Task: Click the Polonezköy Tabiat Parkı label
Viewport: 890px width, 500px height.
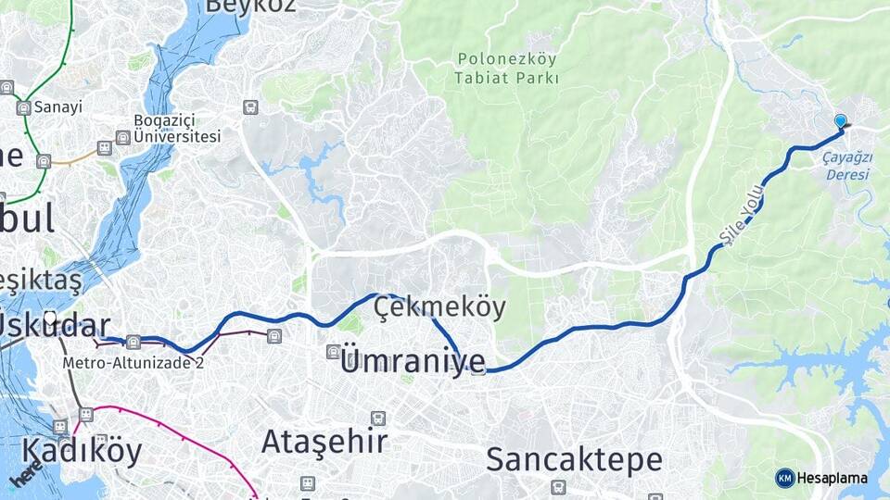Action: [x=507, y=69]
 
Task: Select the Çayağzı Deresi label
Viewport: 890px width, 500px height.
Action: [x=847, y=165]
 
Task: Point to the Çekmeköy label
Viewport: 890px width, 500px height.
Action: [x=440, y=308]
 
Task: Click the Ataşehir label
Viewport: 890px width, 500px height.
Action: [x=324, y=442]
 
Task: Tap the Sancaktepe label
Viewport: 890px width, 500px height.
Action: [x=574, y=459]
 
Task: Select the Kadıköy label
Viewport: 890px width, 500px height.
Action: [x=82, y=451]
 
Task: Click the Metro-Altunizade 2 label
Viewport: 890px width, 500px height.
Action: [x=133, y=362]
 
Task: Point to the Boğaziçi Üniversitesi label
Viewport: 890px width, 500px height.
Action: [x=177, y=129]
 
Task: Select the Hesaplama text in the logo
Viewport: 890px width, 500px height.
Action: [x=832, y=478]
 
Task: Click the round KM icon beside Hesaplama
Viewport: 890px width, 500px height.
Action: [x=784, y=478]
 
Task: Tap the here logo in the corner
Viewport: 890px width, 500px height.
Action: [x=26, y=476]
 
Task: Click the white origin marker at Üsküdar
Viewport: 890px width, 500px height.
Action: [x=50, y=319]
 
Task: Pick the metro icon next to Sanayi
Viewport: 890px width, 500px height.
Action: [x=23, y=107]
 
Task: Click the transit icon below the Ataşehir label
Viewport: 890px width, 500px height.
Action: [x=307, y=483]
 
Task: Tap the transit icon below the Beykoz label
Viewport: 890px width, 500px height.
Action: [x=249, y=106]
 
